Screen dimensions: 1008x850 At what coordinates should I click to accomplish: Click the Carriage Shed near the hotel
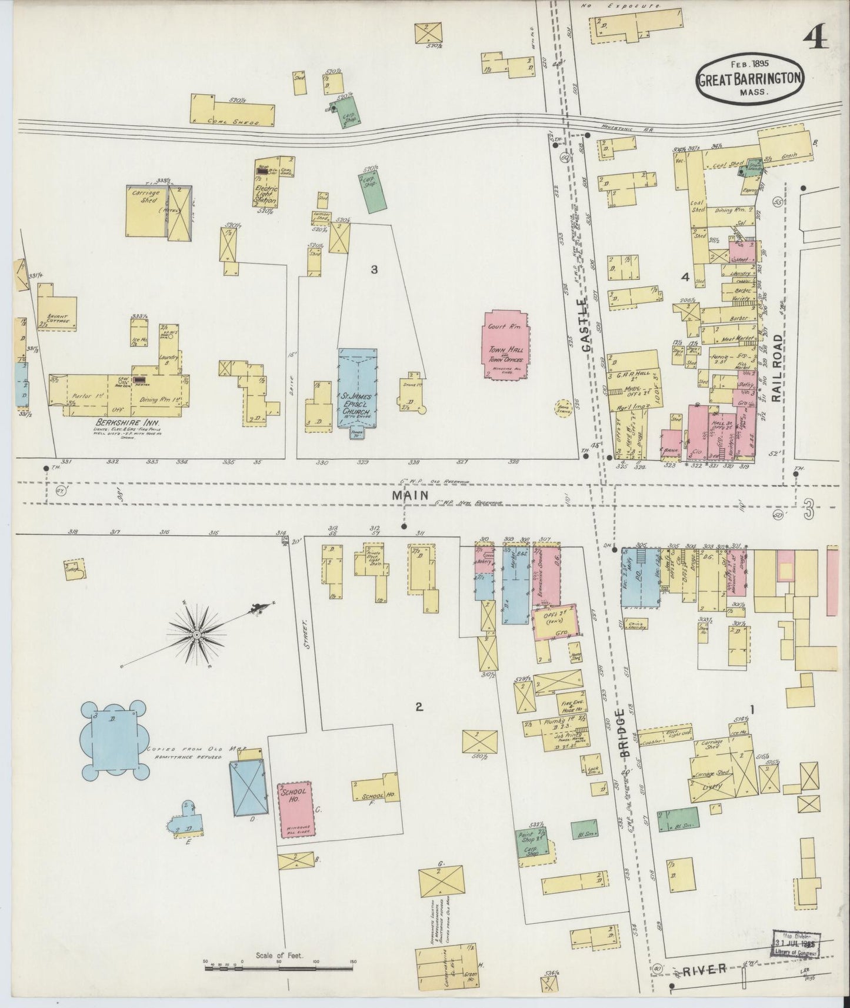click(x=147, y=211)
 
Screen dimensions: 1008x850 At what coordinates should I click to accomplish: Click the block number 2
click(x=419, y=707)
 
